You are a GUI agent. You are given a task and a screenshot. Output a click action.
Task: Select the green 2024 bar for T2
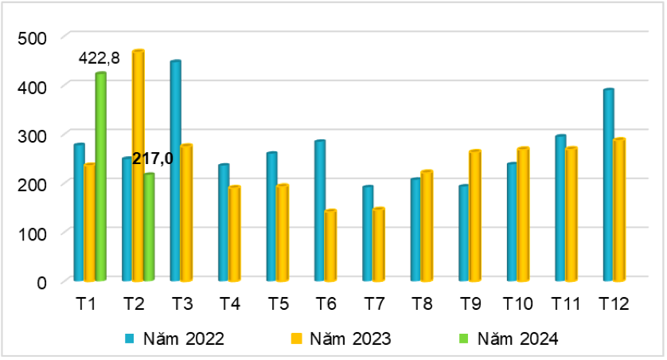[148, 227]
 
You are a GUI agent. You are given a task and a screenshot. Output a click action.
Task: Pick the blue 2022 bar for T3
[175, 171]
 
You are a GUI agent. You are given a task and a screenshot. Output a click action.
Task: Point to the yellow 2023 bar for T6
[330, 246]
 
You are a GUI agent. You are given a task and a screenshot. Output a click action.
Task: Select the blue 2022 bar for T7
[368, 234]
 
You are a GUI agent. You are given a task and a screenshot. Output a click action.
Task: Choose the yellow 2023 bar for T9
[475, 216]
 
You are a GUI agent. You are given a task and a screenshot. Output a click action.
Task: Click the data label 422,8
[99, 58]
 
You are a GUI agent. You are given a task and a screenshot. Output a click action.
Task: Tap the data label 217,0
[152, 158]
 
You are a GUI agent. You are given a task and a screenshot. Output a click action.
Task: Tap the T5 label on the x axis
[278, 303]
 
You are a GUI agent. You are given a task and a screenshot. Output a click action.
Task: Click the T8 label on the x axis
[422, 303]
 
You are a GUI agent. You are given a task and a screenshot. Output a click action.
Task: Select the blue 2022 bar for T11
[560, 209]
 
